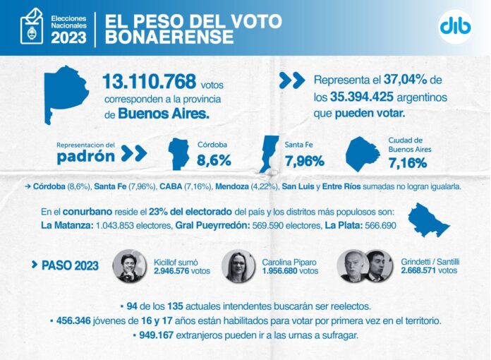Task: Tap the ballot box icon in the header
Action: (x=31, y=28)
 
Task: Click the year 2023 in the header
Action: (x=69, y=36)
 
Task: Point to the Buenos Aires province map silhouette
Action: (x=68, y=92)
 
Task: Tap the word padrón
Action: (x=86, y=156)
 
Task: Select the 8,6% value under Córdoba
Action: (x=214, y=161)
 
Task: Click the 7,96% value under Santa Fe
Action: (x=304, y=161)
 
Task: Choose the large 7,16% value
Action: (x=408, y=163)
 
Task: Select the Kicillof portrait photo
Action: (x=129, y=265)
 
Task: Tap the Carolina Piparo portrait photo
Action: (x=238, y=265)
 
